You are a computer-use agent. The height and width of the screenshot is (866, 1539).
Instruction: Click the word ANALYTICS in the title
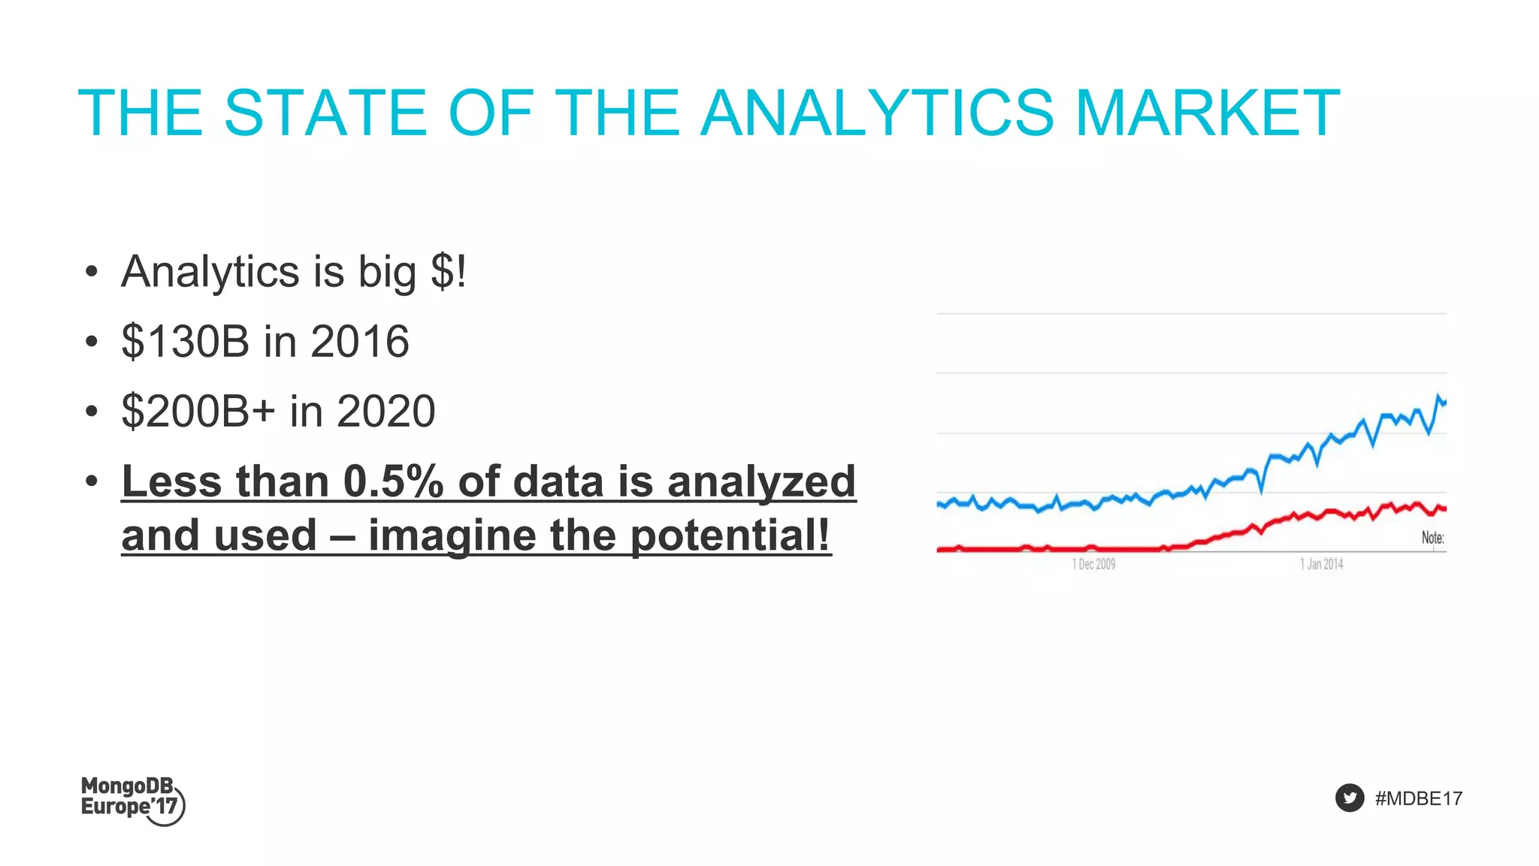point(878,113)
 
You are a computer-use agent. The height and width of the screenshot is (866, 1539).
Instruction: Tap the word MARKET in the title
point(1208,113)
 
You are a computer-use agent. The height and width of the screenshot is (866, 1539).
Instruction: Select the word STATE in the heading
point(325,113)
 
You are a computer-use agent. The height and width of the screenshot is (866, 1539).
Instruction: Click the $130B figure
point(185,342)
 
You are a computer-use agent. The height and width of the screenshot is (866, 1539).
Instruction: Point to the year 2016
point(360,342)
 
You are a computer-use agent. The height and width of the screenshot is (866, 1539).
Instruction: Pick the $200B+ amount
point(198,412)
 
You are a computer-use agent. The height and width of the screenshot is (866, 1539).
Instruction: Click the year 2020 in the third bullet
point(386,412)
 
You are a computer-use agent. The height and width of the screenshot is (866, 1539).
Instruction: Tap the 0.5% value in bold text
point(393,481)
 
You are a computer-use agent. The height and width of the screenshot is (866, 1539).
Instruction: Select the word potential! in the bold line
point(730,536)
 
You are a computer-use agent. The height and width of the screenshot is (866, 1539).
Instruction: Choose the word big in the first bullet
point(387,272)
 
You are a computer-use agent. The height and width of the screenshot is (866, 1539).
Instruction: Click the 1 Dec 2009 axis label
point(1093,564)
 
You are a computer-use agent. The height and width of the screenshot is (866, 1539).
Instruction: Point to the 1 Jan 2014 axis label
point(1321,564)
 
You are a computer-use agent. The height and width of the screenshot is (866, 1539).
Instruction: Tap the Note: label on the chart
point(1432,538)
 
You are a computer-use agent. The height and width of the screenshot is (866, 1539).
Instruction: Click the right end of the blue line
point(1444,403)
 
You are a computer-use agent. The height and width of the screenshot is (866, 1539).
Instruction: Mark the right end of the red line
point(1444,509)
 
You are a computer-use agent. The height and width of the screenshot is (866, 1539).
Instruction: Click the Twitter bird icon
point(1350,798)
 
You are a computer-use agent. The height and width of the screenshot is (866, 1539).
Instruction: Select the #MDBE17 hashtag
point(1418,798)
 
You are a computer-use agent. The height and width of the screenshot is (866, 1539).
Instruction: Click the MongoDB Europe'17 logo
point(132,801)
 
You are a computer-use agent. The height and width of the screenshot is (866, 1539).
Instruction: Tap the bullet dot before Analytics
point(92,272)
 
